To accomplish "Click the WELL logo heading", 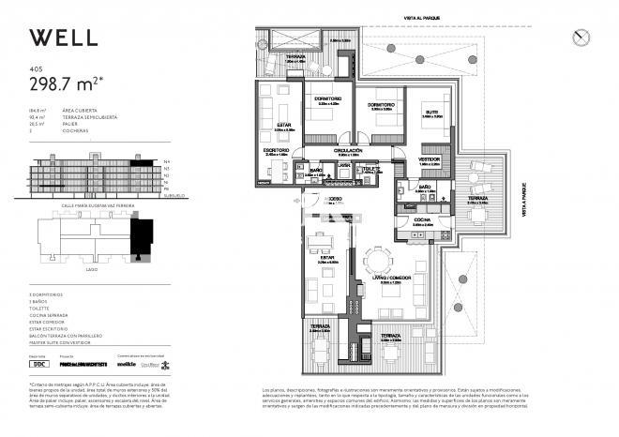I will click(x=63, y=38).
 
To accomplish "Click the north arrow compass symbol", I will click(x=581, y=37).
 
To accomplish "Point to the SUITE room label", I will click(x=431, y=112).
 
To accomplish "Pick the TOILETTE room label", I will click(x=371, y=169).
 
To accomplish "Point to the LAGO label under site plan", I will click(x=90, y=268).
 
